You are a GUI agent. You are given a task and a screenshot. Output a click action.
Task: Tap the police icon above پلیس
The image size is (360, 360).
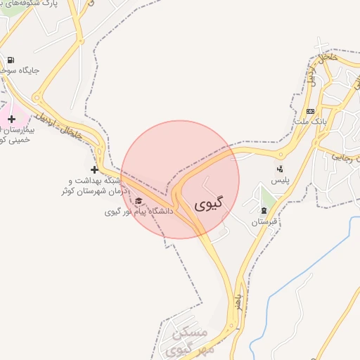280,169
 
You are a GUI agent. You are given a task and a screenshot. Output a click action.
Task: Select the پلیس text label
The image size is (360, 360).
281,181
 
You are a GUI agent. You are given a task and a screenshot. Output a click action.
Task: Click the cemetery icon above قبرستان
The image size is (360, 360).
264,210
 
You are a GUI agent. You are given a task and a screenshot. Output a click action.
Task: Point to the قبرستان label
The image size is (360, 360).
264,222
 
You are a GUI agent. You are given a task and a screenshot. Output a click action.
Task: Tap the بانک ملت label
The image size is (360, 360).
313,123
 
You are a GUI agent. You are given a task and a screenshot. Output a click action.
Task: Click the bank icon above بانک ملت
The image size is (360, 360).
310,111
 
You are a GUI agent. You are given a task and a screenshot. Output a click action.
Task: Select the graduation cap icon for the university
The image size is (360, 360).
138,200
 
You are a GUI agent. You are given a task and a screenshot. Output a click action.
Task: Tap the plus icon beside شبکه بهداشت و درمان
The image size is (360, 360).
94,169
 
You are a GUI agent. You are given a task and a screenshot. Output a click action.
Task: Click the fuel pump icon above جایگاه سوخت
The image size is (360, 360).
11,60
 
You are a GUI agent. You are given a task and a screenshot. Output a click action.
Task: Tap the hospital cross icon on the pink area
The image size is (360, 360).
11,119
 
